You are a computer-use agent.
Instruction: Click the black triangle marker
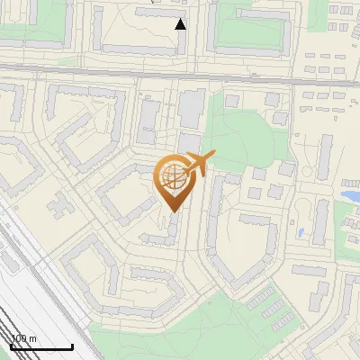181,24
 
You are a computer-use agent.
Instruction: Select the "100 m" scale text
23,338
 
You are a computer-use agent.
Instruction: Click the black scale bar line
41,347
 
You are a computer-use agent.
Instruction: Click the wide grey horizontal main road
180,73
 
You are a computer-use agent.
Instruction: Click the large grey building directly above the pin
191,109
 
